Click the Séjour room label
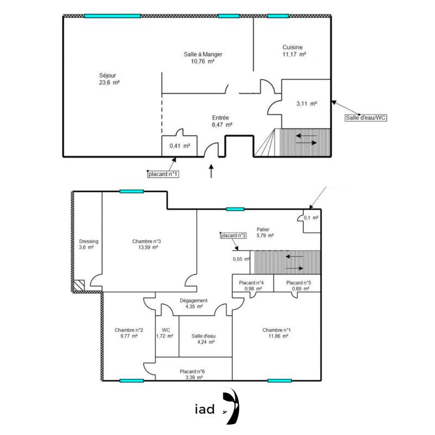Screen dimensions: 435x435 tap(108, 75)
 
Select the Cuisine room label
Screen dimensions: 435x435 tap(293, 47)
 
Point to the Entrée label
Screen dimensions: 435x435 tap(221, 117)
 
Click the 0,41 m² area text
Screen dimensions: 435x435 tap(179, 146)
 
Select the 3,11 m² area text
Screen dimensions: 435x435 tap(306, 103)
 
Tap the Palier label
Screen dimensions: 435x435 tap(264, 229)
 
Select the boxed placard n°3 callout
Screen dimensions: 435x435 tap(234, 236)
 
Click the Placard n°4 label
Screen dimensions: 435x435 tap(252, 283)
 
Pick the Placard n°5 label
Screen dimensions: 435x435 tap(298, 283)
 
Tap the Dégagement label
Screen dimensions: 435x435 tap(194, 301)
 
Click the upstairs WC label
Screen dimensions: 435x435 tap(166, 330)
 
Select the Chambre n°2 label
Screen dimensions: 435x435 tap(129, 330)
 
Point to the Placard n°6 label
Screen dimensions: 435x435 tap(193, 371)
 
